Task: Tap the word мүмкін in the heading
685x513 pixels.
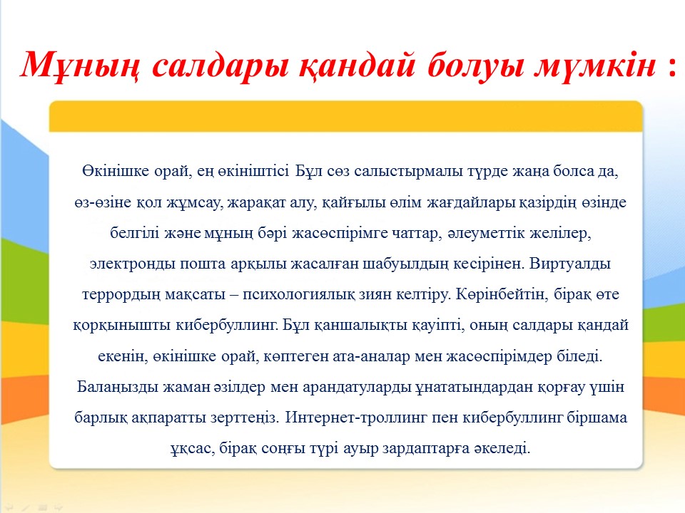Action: pyautogui.click(x=595, y=66)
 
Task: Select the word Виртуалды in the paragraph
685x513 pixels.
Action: pyautogui.click(x=570, y=264)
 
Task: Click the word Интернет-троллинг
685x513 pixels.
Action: pyautogui.click(x=356, y=418)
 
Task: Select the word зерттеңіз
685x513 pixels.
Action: pyautogui.click(x=245, y=418)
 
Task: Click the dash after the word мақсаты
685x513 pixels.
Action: pyautogui.click(x=234, y=295)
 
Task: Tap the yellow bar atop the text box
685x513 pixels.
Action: pyautogui.click(x=345, y=116)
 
